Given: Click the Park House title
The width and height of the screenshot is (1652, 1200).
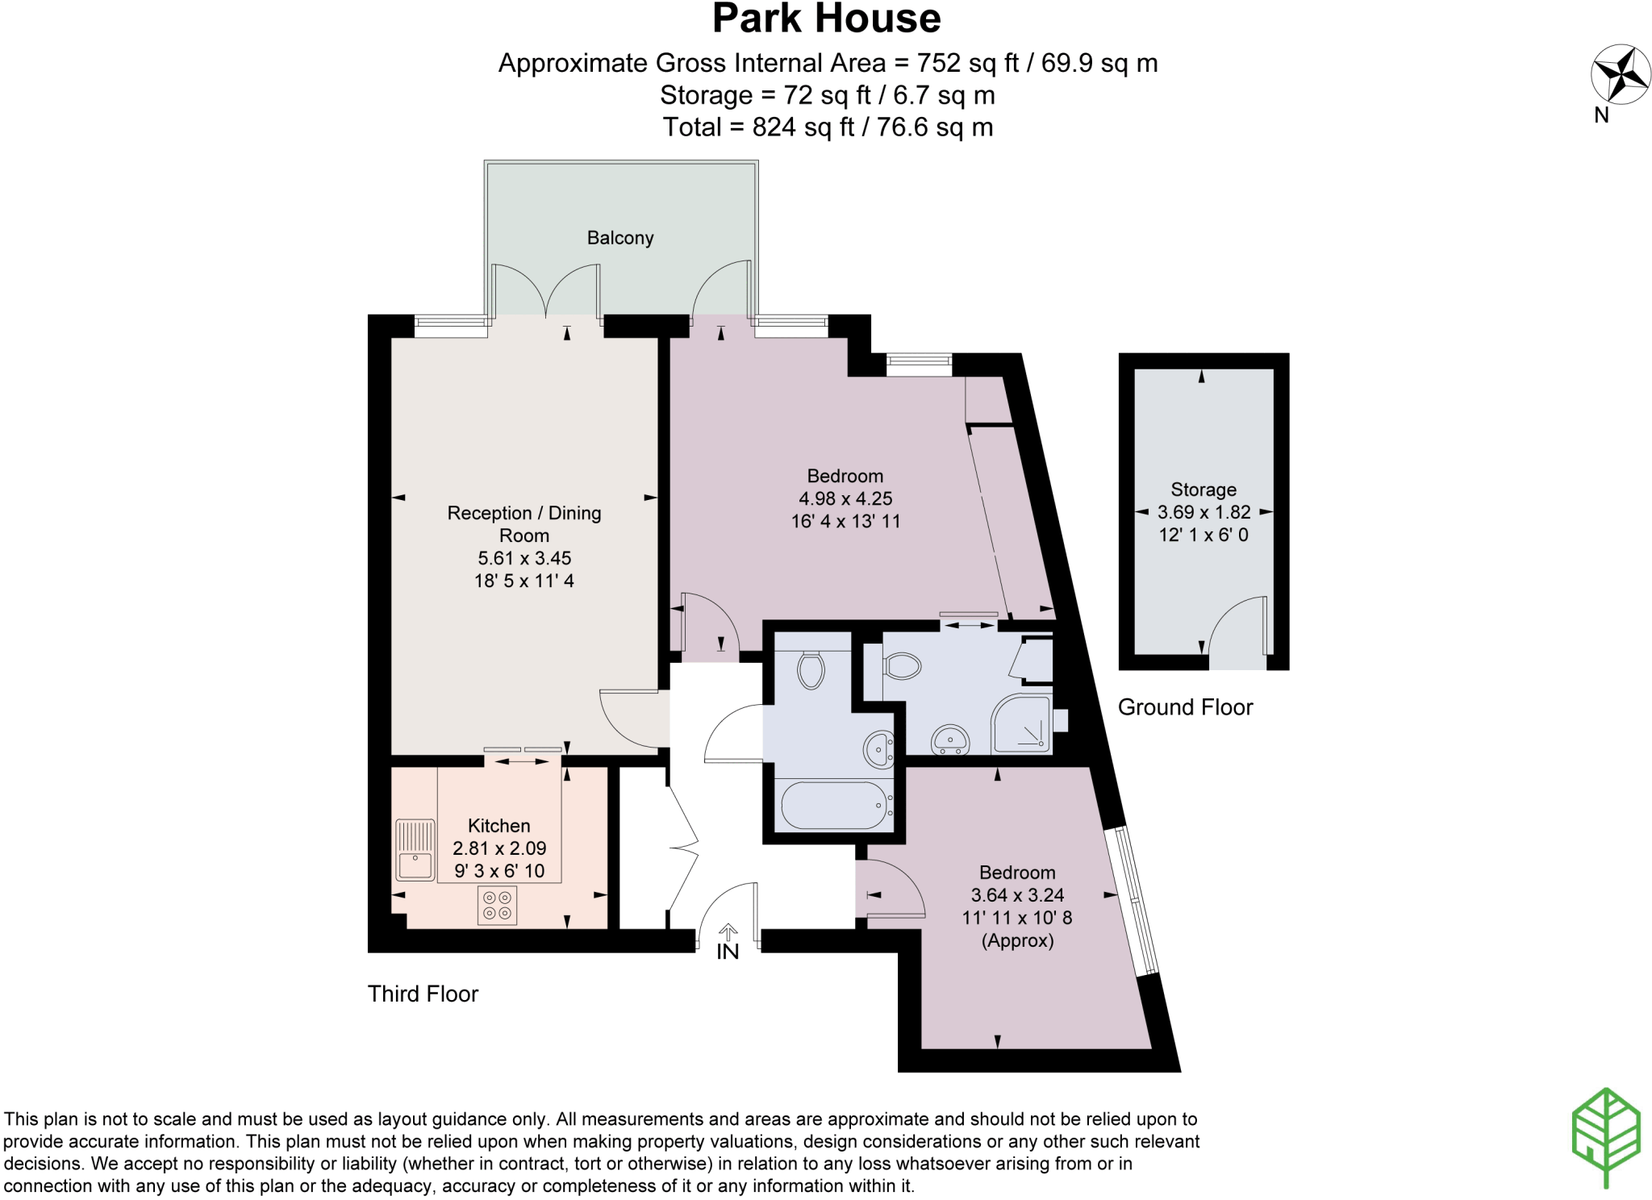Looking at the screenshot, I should click(x=826, y=19).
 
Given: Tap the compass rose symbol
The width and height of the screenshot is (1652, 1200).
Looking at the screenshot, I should click(x=1620, y=74).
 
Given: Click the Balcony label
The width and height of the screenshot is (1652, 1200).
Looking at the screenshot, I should click(x=619, y=238).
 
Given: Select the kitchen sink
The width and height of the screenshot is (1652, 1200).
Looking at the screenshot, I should click(x=415, y=849).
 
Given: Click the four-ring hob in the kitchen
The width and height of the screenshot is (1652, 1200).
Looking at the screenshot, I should click(x=497, y=905).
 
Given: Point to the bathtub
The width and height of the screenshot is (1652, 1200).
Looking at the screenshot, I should click(x=834, y=805).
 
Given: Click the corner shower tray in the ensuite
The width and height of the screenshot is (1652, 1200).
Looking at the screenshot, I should click(x=1022, y=724).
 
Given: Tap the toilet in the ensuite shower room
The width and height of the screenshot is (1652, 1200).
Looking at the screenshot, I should click(x=903, y=666).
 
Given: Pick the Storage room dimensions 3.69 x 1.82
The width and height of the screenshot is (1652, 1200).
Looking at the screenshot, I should click(x=1204, y=512).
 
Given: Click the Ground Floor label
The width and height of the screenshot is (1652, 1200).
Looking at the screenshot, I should click(x=1184, y=707).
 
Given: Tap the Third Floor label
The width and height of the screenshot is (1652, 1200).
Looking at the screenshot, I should click(x=423, y=994).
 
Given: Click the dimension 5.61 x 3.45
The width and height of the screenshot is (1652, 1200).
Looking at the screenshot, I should click(x=524, y=558).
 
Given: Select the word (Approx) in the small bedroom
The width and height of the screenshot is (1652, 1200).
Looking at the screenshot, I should click(x=1017, y=940).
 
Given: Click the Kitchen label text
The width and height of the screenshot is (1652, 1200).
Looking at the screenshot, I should click(x=499, y=826).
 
